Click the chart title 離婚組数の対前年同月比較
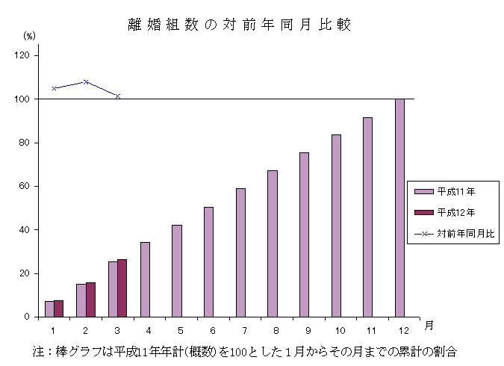click(240, 25)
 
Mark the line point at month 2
click(86, 81)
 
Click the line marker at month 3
click(118, 96)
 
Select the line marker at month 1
click(54, 88)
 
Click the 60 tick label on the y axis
click(25, 186)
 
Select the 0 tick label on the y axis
click(28, 317)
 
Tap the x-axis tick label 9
click(308, 329)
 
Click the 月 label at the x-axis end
click(428, 326)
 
